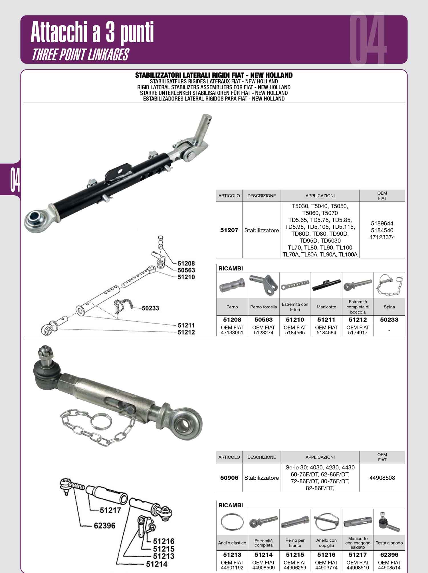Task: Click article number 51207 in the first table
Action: (x=229, y=230)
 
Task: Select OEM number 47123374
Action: (x=382, y=237)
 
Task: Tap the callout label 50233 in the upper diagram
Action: (x=150, y=308)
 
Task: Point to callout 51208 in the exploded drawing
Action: (x=186, y=263)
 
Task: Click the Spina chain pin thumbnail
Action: (x=389, y=285)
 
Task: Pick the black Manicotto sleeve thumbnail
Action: (x=326, y=285)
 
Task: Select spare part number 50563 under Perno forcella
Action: (x=264, y=320)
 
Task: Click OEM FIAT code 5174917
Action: (x=358, y=333)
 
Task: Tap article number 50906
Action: (x=229, y=478)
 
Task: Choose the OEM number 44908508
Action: (x=382, y=478)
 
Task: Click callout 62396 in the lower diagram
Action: (x=104, y=526)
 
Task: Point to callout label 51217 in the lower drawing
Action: (x=110, y=510)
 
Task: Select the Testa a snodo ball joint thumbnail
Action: (x=389, y=522)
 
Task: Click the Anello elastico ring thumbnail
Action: (x=232, y=522)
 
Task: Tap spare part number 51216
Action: (x=326, y=555)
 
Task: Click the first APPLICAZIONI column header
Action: (x=320, y=196)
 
